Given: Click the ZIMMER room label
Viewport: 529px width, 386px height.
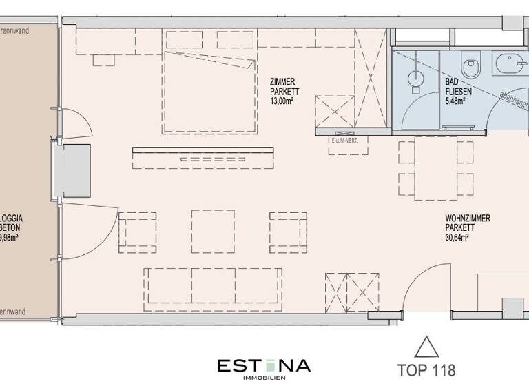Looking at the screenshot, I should pyautogui.click(x=283, y=82).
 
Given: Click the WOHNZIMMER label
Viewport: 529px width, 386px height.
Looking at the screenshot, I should pyautogui.click(x=468, y=218).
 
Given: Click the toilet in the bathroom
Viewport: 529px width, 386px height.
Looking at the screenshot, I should pyautogui.click(x=471, y=67).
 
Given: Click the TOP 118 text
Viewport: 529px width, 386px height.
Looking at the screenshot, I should pyautogui.click(x=427, y=370).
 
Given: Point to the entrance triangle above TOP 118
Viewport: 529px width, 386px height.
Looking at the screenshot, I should pyautogui.click(x=427, y=345).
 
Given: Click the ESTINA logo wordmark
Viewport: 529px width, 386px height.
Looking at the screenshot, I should pyautogui.click(x=264, y=365).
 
